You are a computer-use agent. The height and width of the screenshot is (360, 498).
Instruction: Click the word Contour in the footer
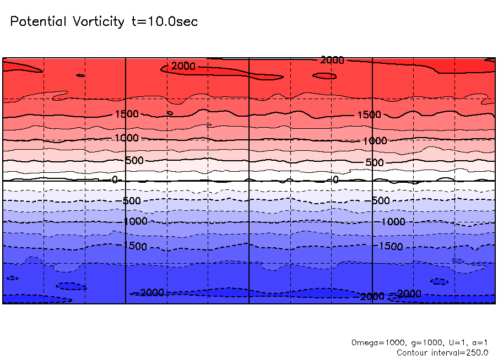pos(414,352)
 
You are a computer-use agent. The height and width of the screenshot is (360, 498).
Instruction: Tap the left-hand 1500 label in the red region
pos(127,114)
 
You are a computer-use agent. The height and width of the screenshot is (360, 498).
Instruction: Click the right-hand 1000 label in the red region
pos(375,141)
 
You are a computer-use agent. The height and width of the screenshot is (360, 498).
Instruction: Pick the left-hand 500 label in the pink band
pos(134,161)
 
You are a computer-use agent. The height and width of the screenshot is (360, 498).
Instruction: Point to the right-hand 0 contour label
pos(335,179)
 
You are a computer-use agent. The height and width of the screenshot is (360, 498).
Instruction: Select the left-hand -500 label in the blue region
pos(132,200)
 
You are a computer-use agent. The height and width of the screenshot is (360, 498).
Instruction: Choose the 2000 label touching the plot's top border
pos(332,60)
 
